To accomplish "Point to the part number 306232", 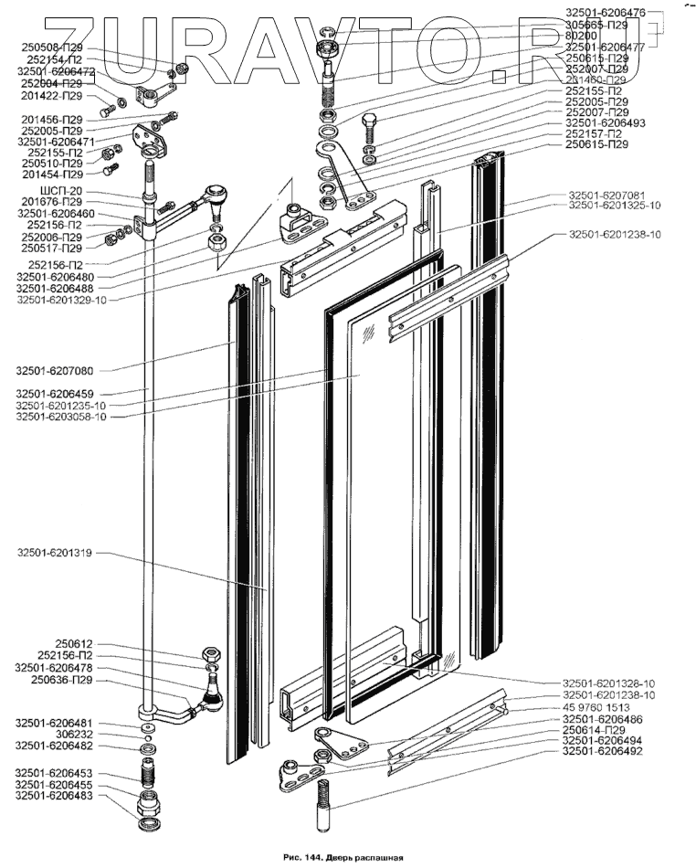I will click(x=70, y=735).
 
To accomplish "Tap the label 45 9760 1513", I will click(x=605, y=707).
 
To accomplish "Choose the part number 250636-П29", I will click(x=61, y=680).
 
